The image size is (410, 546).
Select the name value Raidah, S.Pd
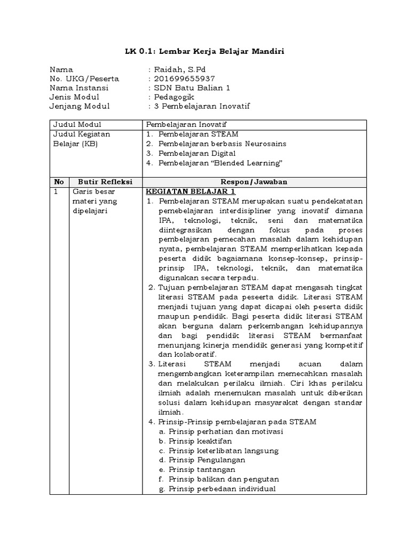point(178,69)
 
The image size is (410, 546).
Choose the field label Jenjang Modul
point(80,106)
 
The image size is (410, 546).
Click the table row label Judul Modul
point(75,124)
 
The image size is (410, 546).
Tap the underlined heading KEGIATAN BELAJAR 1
point(191,191)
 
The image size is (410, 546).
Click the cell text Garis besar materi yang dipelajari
point(94,201)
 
